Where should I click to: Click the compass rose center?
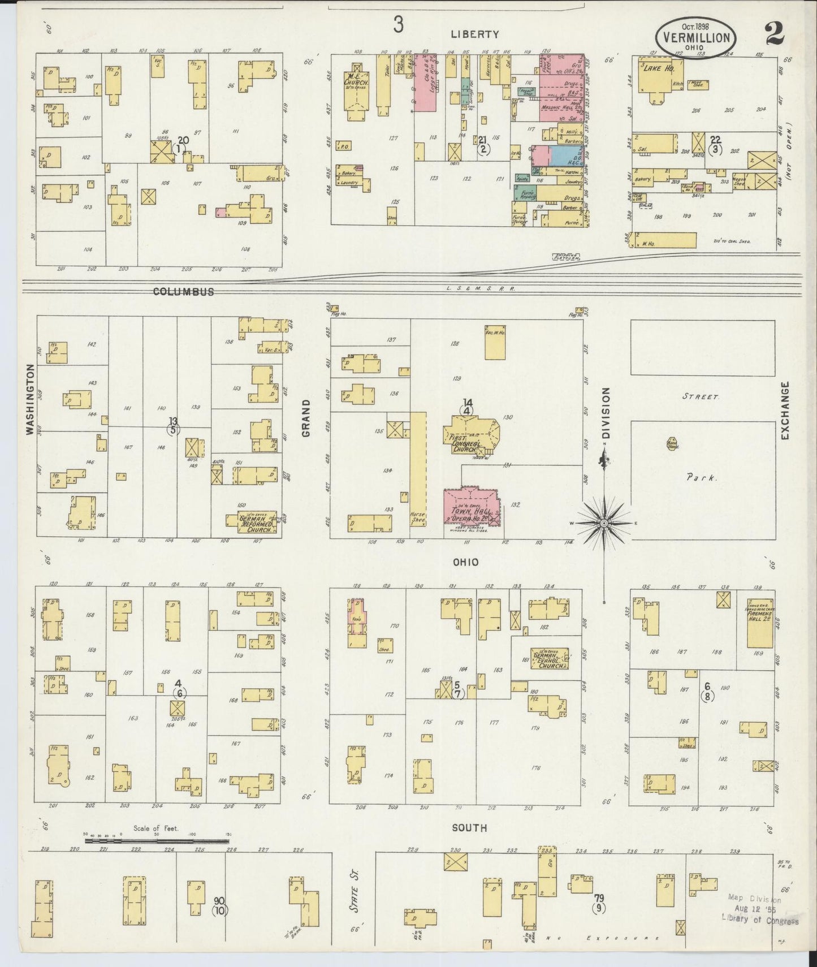coord(604,524)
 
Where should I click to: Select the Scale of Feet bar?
coord(159,841)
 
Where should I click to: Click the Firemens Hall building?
coord(759,622)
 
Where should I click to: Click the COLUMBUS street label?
coord(183,292)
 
